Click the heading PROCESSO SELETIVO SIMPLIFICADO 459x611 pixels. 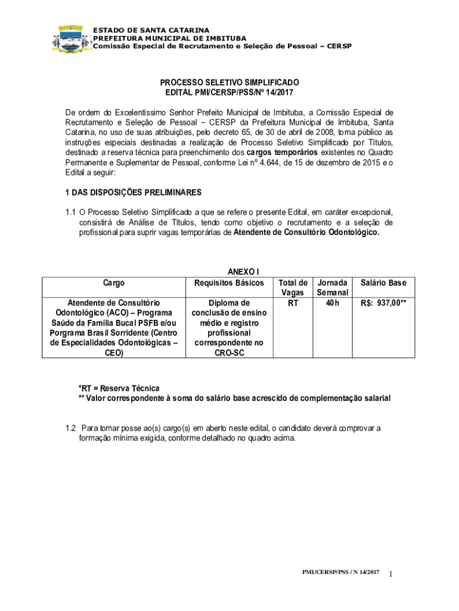click(229, 82)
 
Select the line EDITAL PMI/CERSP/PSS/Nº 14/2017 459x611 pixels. click(229, 92)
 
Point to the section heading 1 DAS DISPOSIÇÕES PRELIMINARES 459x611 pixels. click(133, 193)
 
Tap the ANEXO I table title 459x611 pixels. click(229, 271)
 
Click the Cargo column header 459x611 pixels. click(114, 283)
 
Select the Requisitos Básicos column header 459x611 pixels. click(229, 283)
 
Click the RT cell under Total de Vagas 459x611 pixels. click(292, 303)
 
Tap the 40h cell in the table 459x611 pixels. click(333, 303)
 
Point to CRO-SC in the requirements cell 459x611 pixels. click(229, 353)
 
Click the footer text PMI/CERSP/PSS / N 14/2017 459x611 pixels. click(340, 573)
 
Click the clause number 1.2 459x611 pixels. click(71, 428)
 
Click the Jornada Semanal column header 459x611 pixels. click(333, 288)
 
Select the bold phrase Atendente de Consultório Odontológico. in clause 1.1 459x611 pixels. click(306, 233)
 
